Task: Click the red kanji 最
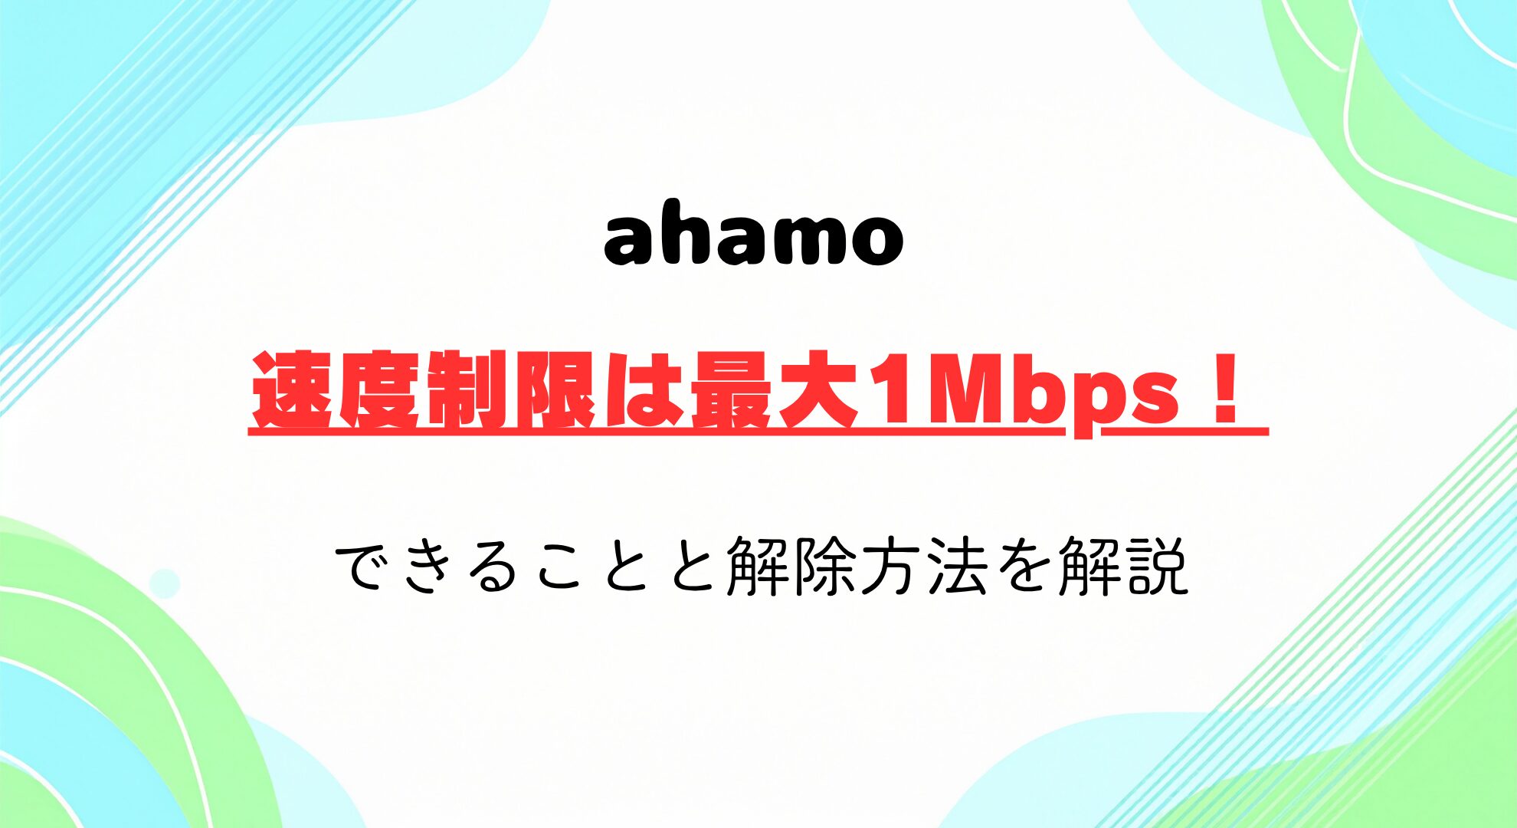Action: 730,391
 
